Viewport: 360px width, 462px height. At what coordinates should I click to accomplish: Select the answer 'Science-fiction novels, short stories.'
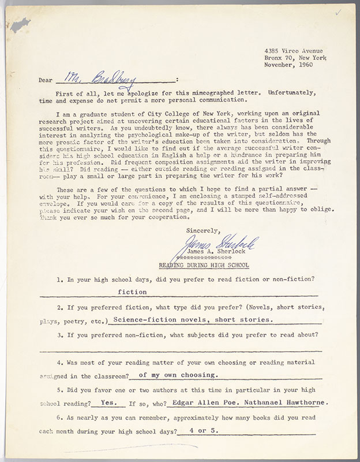(x=187, y=319)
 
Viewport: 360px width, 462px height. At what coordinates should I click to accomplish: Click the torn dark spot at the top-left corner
(x=22, y=24)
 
